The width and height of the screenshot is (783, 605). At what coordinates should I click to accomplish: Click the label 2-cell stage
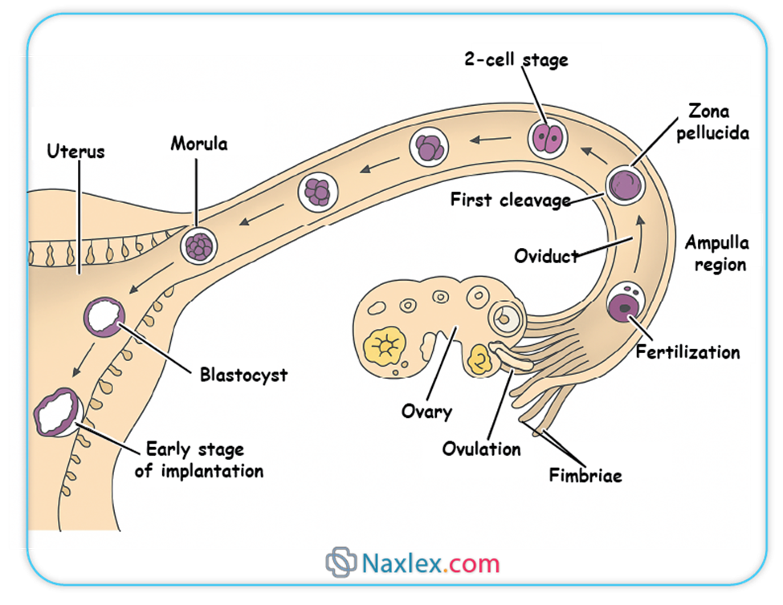click(516, 60)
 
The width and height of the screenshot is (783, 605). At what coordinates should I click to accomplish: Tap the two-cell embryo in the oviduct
click(549, 138)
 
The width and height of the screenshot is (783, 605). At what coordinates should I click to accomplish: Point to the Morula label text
click(198, 144)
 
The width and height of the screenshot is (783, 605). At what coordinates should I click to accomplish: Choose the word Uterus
click(75, 150)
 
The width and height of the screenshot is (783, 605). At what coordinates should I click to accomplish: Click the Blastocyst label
click(243, 375)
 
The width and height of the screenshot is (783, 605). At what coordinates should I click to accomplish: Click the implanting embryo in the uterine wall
click(57, 411)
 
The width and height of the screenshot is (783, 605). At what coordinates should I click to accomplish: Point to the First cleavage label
click(510, 199)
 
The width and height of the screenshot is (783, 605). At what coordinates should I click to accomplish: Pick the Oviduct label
click(546, 256)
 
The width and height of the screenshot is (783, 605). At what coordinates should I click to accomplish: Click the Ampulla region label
click(717, 253)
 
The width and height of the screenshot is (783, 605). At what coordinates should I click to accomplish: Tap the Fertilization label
click(687, 351)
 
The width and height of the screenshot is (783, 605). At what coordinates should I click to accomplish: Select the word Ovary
click(426, 412)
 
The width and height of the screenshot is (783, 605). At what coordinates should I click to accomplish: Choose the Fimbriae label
click(585, 475)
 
